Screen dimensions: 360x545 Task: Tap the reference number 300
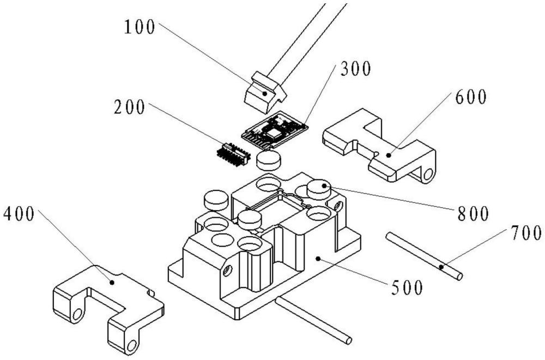[355, 69]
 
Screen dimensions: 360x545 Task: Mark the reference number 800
[472, 213]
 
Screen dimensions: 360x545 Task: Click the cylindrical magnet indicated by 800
[319, 190]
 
